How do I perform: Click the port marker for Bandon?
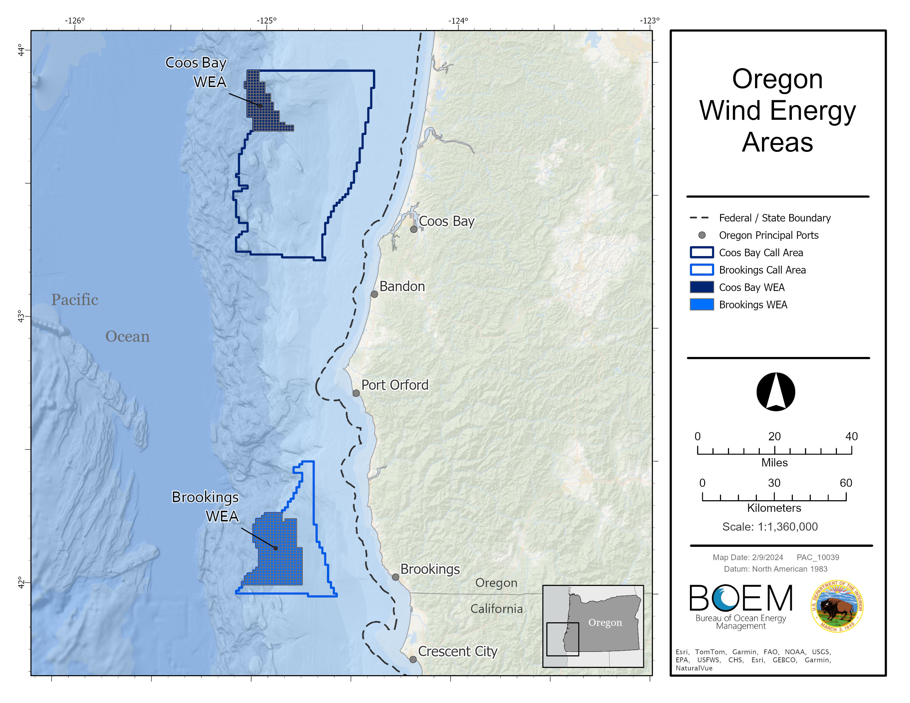pyautogui.click(x=374, y=294)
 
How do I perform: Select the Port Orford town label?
pyautogui.click(x=394, y=385)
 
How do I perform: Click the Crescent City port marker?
pyautogui.click(x=413, y=659)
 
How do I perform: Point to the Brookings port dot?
pyautogui.click(x=395, y=577)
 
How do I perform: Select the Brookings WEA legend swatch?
pyautogui.click(x=702, y=304)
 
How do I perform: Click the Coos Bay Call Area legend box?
pyautogui.click(x=702, y=253)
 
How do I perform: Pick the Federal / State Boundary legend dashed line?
pyautogui.click(x=699, y=218)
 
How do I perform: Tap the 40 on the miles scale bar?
pyautogui.click(x=851, y=436)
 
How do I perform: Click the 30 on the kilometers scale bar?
pyautogui.click(x=774, y=483)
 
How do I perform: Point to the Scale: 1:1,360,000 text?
pyautogui.click(x=770, y=527)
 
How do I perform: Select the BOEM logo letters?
pyautogui.click(x=741, y=598)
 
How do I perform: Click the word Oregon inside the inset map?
pyautogui.click(x=605, y=623)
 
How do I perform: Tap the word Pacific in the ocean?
pyautogui.click(x=74, y=300)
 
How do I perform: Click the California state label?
pyautogui.click(x=496, y=609)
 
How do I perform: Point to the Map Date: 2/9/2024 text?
pyautogui.click(x=748, y=557)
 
